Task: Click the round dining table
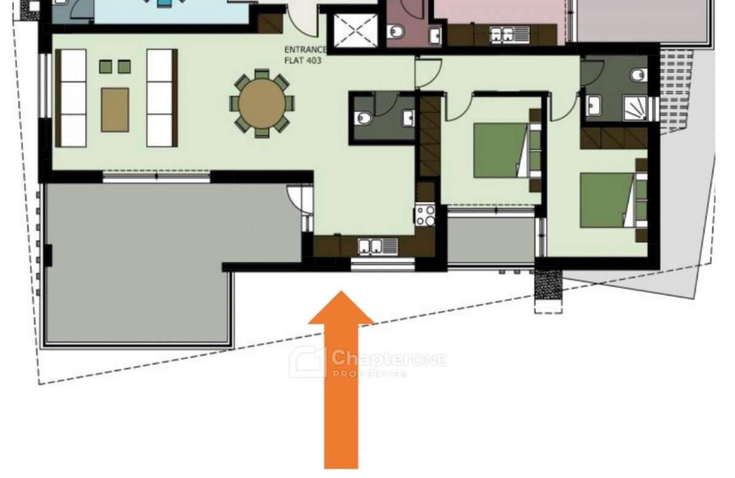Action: [x=262, y=103]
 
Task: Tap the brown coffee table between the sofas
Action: [x=115, y=110]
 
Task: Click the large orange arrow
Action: [x=341, y=379]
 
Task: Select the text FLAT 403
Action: [x=303, y=61]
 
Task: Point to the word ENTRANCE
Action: [x=306, y=50]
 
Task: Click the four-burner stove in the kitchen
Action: [x=425, y=215]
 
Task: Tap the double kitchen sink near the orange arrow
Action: [x=378, y=247]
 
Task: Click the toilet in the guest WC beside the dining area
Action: [x=364, y=118]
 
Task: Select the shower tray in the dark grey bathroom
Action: [x=635, y=108]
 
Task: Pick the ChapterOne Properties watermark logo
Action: [x=367, y=362]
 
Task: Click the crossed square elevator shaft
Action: [x=355, y=31]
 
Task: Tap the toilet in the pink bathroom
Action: [x=396, y=32]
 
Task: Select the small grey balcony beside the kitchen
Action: [x=491, y=240]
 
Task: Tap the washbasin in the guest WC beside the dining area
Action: [x=409, y=118]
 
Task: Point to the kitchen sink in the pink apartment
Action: [x=510, y=34]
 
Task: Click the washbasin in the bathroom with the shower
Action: [x=594, y=105]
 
